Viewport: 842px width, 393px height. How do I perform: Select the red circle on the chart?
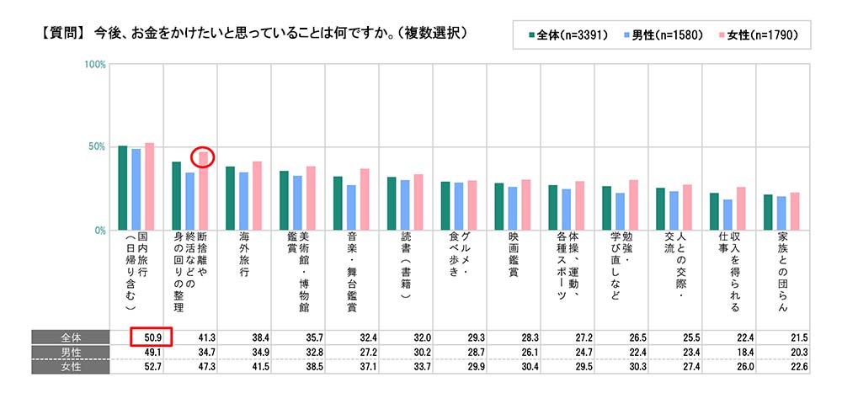point(203,157)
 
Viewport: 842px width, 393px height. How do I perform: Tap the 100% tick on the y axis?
point(94,65)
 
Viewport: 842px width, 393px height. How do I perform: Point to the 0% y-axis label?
point(98,230)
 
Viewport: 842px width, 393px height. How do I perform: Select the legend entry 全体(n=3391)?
point(572,35)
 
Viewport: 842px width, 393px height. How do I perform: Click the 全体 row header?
point(71,337)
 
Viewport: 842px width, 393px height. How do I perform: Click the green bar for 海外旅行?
point(230,199)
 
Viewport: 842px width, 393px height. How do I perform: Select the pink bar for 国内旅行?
point(150,186)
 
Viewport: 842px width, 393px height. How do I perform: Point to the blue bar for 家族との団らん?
point(781,213)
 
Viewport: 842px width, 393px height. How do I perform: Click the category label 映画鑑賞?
point(514,264)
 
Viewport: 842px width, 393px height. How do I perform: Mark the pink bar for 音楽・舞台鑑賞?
point(365,199)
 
